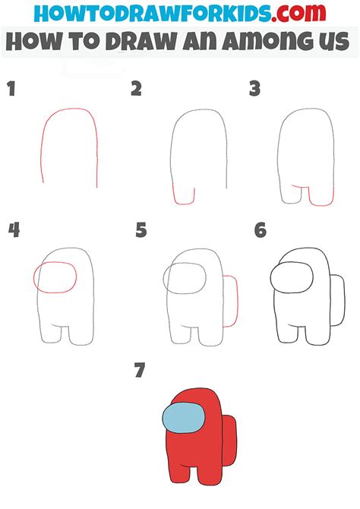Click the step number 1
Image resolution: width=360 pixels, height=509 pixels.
(11, 90)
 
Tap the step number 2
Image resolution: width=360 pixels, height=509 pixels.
(136, 90)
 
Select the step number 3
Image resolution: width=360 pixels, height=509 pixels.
(255, 90)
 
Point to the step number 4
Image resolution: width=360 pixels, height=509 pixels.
(13, 229)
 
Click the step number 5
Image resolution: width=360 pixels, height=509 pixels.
(141, 229)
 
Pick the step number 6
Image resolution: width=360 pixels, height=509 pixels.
(261, 229)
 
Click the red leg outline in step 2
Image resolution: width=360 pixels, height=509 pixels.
(183, 196)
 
